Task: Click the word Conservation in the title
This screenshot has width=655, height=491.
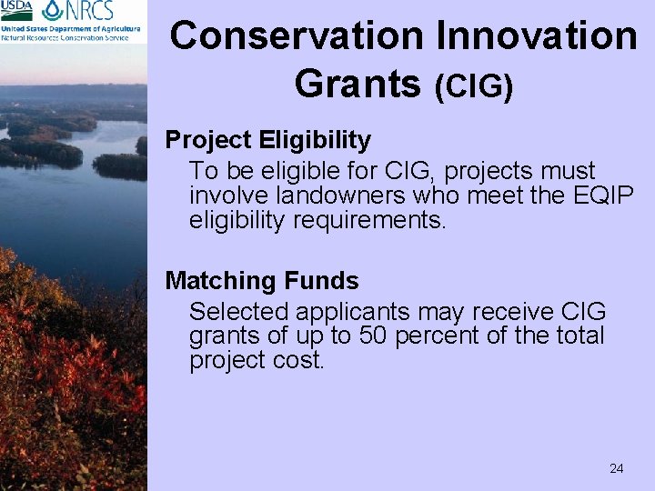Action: tap(295, 36)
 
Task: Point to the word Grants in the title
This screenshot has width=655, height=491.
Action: tap(358, 83)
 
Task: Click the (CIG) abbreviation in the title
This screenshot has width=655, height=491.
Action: tap(474, 86)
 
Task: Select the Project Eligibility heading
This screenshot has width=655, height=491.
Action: tap(268, 141)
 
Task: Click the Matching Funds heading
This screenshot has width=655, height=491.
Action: tap(262, 281)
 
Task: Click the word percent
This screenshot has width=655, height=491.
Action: tap(435, 336)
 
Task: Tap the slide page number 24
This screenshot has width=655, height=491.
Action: tap(616, 468)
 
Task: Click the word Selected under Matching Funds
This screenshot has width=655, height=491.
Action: tap(234, 312)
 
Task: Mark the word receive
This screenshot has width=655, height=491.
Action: tap(508, 312)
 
